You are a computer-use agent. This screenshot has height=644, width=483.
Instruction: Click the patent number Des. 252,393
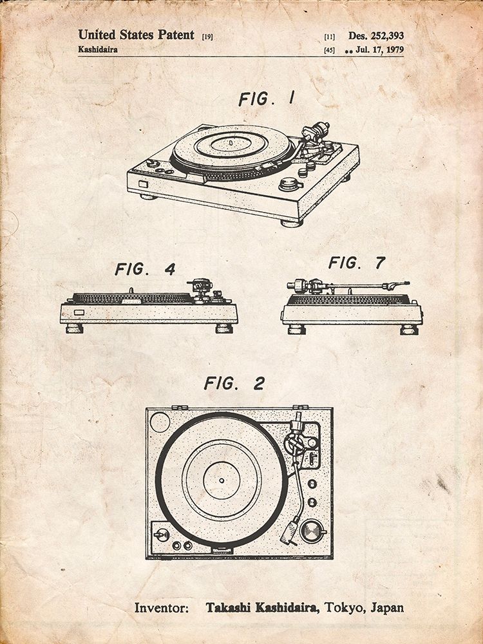coord(376,36)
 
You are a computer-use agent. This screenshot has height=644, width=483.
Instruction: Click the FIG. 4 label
coord(145,269)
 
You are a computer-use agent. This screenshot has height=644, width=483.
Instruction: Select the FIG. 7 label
coord(356,262)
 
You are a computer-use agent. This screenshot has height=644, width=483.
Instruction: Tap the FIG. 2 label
coord(234,384)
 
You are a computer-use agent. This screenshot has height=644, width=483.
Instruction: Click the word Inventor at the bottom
coord(162,607)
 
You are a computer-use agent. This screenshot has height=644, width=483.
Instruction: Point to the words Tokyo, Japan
coord(365,607)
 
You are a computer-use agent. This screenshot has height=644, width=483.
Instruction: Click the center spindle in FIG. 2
coord(221,479)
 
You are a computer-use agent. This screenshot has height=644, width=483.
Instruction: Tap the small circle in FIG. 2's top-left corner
coord(159,422)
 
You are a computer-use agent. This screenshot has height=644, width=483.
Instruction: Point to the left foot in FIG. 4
coord(75,328)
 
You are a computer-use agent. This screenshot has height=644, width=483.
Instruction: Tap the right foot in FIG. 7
coord(409,329)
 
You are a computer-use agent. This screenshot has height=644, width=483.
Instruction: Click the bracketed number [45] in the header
coord(330,50)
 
